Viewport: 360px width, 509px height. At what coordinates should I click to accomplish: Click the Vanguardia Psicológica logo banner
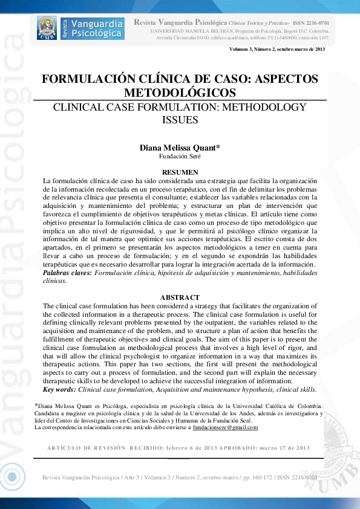[x=80, y=28]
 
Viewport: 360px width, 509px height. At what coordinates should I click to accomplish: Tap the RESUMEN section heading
[x=180, y=172]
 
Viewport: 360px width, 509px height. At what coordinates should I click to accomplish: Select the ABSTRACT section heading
[x=180, y=297]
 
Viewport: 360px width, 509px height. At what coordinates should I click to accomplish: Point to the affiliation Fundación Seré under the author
[x=180, y=156]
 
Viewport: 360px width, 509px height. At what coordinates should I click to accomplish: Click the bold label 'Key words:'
[x=59, y=390]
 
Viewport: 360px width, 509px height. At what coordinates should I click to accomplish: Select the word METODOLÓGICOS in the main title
[x=180, y=92]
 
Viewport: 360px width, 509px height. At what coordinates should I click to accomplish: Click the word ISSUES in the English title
[x=180, y=120]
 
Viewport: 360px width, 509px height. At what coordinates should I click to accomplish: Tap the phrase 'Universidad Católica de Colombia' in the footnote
[x=276, y=406]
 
